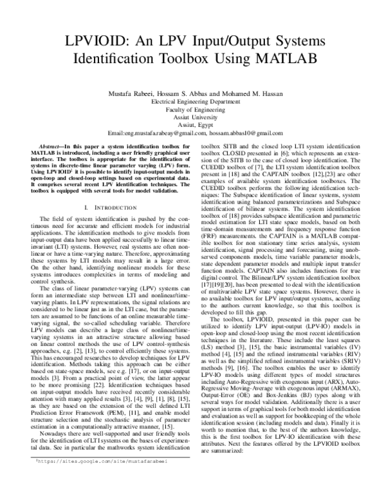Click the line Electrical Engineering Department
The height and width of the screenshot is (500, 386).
pos(192,102)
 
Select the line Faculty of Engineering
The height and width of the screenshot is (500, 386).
pos(192,110)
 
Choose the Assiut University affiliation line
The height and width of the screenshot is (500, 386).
pos(192,118)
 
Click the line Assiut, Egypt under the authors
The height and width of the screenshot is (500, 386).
pos(192,126)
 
